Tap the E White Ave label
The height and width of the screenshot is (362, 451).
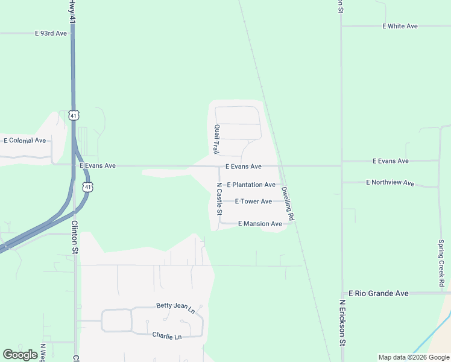[x=400, y=27]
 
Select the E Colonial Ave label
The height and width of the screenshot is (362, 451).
[x=25, y=141]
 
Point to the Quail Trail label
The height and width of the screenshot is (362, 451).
[x=215, y=139]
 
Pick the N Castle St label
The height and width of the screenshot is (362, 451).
[x=219, y=199]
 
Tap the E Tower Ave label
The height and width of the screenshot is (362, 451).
[x=253, y=202]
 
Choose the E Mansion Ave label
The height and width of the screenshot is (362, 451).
[x=260, y=224]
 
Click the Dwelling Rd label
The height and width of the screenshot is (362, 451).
[x=288, y=203]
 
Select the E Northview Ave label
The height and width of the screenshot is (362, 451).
[x=390, y=182]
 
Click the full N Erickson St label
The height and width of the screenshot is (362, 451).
[x=342, y=323]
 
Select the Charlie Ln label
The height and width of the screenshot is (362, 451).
[x=166, y=336]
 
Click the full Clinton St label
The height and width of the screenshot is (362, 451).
[x=75, y=232]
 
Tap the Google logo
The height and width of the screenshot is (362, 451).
[x=20, y=355]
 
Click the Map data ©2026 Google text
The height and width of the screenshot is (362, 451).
[x=413, y=357]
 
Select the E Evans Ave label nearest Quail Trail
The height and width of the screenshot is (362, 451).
[x=243, y=167]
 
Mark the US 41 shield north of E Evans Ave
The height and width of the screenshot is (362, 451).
[x=74, y=115]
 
